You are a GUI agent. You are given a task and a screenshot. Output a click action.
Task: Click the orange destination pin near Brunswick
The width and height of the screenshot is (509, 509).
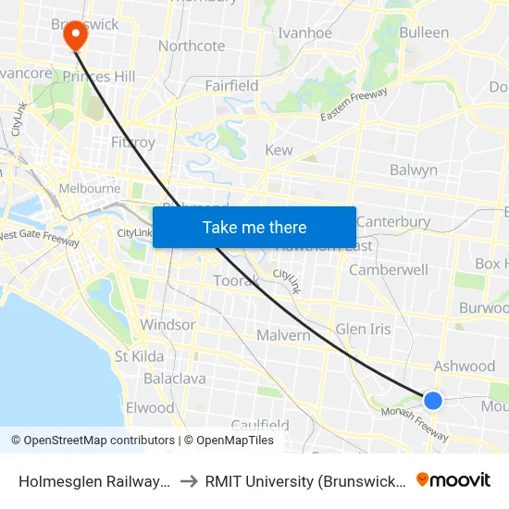point(74,36)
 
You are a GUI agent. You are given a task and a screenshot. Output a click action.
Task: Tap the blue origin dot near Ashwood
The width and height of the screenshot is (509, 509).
point(432,400)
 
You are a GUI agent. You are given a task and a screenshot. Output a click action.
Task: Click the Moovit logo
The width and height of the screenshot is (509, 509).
point(453,479)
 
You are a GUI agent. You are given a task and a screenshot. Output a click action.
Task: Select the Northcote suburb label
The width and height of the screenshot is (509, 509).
point(192,46)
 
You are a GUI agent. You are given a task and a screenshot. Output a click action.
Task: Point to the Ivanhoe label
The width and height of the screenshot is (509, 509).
point(304,33)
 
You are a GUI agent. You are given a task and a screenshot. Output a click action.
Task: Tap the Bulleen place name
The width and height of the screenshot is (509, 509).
point(425,33)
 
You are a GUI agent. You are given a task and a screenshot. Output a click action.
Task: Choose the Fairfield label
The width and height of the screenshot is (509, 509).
point(231,86)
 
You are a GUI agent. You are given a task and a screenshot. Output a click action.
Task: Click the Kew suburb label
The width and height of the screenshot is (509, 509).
point(279,150)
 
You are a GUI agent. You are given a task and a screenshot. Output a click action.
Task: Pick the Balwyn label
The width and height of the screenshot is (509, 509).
point(414,170)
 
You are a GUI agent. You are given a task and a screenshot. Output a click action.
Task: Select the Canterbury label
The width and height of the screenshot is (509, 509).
point(393,222)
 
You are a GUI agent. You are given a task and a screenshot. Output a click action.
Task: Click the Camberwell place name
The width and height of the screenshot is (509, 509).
point(389,270)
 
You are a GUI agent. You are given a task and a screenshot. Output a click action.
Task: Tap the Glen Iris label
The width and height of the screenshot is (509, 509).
point(363,329)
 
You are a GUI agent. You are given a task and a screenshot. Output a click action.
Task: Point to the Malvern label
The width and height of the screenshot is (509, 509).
point(283,335)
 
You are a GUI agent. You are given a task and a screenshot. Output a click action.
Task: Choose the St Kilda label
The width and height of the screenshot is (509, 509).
point(139,356)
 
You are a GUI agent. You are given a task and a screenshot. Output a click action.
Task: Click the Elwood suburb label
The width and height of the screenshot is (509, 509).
point(150,408)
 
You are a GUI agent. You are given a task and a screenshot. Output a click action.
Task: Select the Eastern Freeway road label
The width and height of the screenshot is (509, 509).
point(354,104)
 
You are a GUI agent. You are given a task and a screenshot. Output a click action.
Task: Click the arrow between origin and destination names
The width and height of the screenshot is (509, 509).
point(188,479)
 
